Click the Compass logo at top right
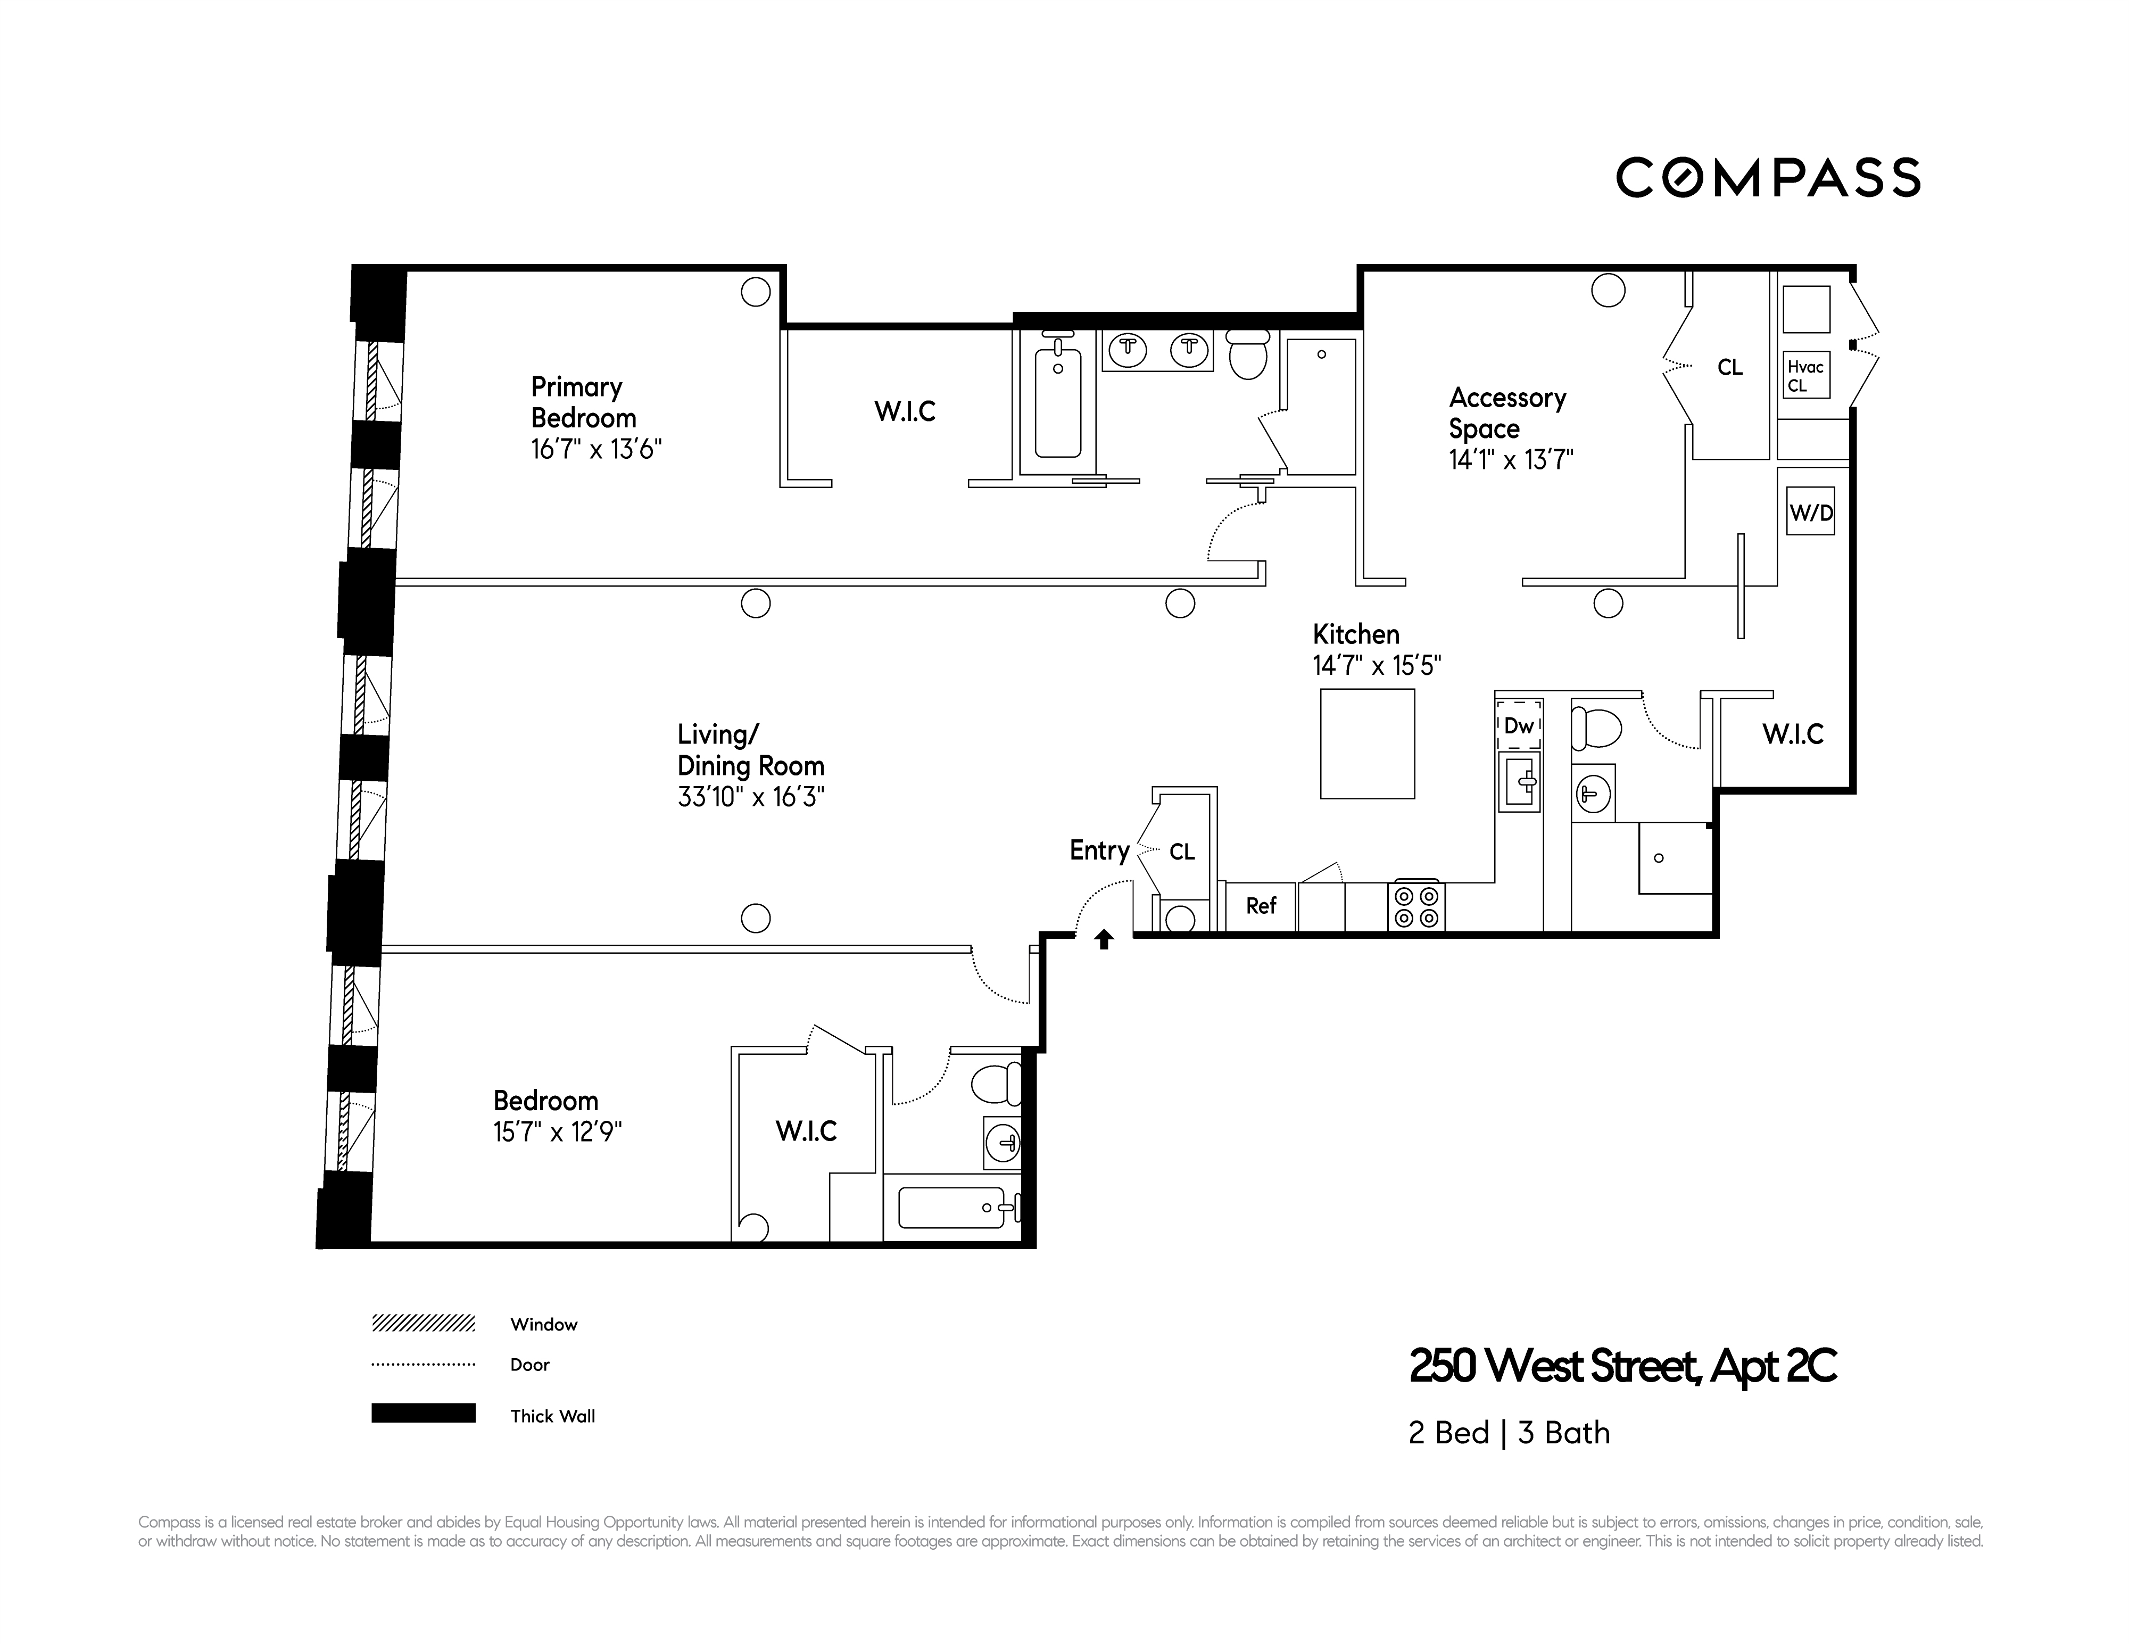coord(1767,177)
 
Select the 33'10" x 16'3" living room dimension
coord(751,797)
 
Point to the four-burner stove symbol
coord(1416,906)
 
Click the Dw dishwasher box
coord(1519,725)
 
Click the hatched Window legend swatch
coord(423,1323)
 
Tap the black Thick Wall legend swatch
coord(423,1413)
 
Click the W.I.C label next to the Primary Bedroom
coord(905,411)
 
